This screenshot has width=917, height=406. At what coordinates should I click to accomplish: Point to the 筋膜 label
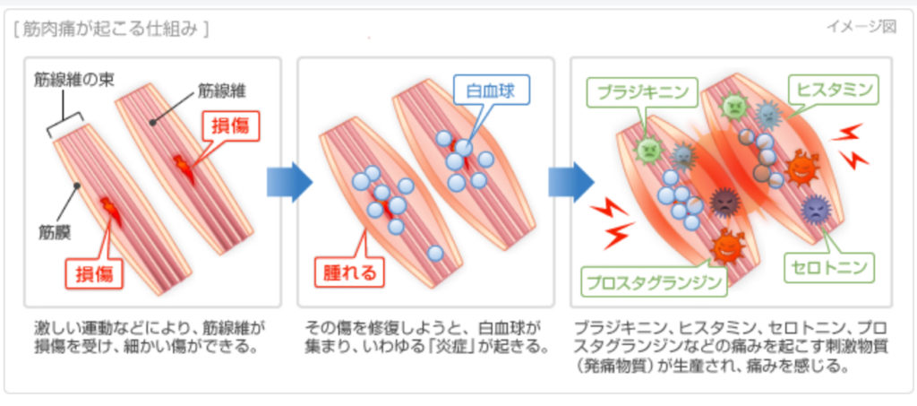[56, 232]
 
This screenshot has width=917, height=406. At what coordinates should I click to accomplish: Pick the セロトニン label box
[829, 266]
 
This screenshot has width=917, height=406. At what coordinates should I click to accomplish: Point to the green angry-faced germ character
[649, 150]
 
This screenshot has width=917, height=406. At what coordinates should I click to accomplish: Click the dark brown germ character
[724, 203]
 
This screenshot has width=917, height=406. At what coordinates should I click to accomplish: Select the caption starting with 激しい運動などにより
[150, 336]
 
